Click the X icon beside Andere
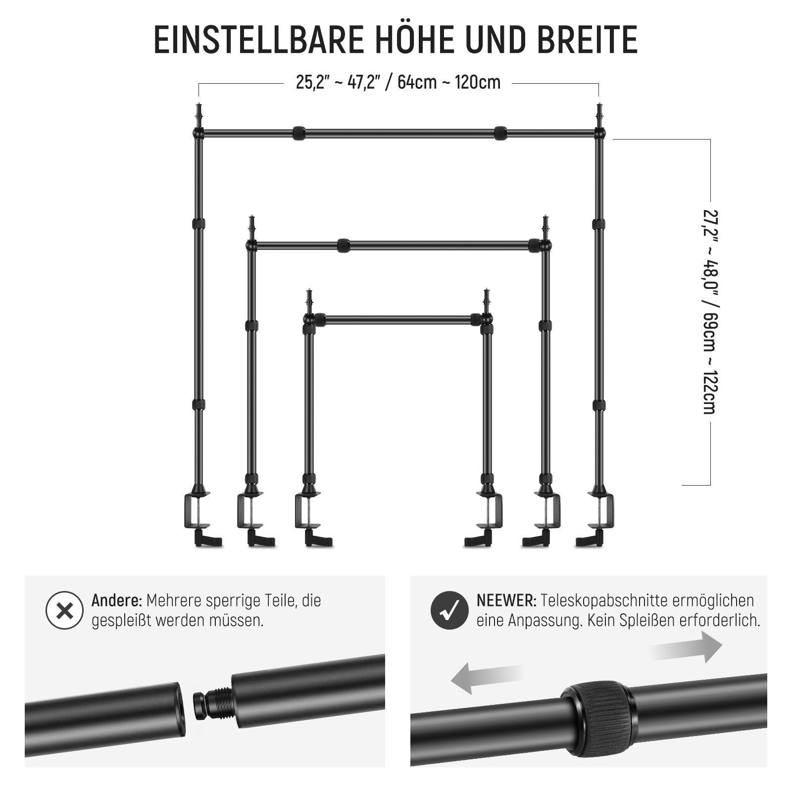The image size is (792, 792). (x=64, y=611)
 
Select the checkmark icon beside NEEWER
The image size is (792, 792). (x=449, y=611)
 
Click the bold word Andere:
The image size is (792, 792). (x=117, y=601)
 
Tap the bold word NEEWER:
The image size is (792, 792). (x=506, y=601)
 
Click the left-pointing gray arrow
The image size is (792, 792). (x=487, y=679)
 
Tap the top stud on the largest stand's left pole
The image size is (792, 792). (x=198, y=114)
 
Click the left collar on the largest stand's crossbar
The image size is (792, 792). (x=298, y=133)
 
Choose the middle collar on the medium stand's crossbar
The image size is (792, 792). (x=344, y=246)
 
